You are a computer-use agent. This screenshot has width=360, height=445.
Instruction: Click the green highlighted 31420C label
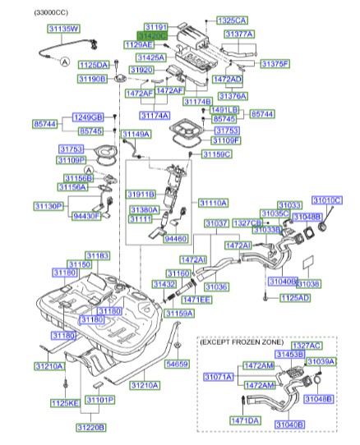pyautogui.click(x=152, y=37)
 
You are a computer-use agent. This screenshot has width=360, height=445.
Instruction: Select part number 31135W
pyautogui.click(x=62, y=29)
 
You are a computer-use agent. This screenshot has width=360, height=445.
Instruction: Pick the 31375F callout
pyautogui.click(x=275, y=62)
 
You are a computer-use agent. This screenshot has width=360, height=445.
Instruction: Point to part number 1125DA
pyautogui.click(x=93, y=63)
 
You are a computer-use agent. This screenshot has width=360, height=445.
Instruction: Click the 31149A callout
pyautogui.click(x=136, y=133)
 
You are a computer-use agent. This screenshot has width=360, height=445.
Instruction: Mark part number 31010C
pyautogui.click(x=327, y=200)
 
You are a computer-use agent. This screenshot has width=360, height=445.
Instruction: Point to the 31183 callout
pyautogui.click(x=98, y=256)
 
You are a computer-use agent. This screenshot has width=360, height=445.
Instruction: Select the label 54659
pyautogui.click(x=176, y=364)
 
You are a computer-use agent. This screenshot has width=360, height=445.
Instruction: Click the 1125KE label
pyautogui.click(x=64, y=402)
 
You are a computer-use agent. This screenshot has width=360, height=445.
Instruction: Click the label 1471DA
pyautogui.click(x=244, y=420)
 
